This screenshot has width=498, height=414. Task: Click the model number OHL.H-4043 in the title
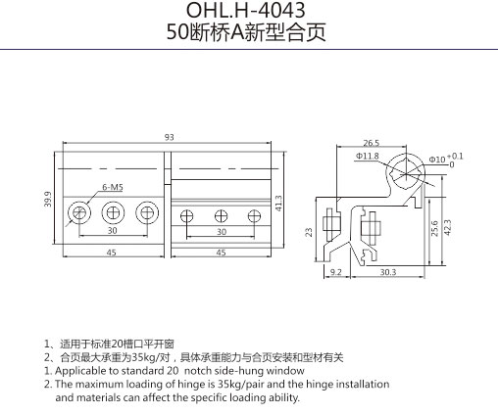tap(245, 10)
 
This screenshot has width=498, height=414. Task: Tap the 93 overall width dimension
tap(170, 137)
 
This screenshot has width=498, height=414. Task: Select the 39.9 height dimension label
tap(48, 199)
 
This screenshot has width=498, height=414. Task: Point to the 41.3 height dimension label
tap(278, 204)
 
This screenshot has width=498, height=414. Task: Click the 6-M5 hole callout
tap(113, 187)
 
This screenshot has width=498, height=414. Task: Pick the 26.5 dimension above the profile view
tap(372, 143)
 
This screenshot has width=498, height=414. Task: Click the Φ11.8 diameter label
tap(368, 157)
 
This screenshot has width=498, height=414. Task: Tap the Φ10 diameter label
tap(437, 160)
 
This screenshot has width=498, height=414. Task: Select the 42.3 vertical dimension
tap(448, 227)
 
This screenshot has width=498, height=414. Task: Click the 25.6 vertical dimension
tap(434, 228)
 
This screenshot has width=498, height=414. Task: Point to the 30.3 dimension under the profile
tap(388, 272)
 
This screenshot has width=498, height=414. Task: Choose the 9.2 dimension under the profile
tap(336, 272)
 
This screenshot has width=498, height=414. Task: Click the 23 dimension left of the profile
tap(309, 232)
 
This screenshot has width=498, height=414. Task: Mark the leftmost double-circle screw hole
tap(79, 212)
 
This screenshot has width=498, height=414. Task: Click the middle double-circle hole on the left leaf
tap(113, 212)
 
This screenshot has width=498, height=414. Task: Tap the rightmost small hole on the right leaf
tap(254, 216)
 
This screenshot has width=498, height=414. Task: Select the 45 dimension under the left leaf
tap(112, 253)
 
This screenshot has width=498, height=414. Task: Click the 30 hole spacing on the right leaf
tap(222, 232)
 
